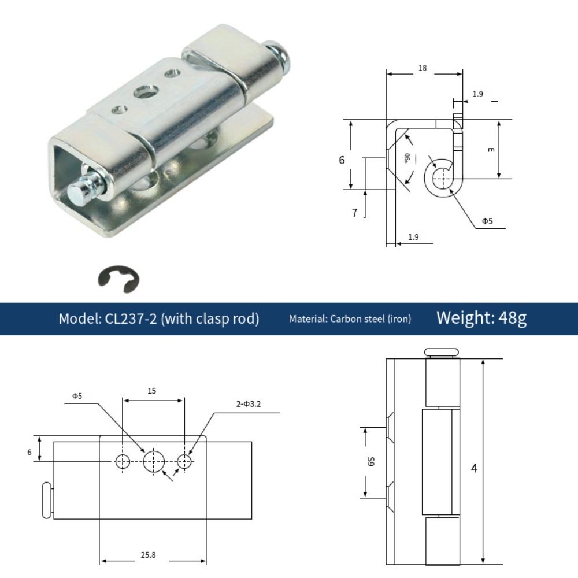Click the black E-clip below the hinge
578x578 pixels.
pyautogui.click(x=118, y=279)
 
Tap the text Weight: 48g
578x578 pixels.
pyautogui.click(x=481, y=318)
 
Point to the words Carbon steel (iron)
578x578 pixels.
pyautogui.click(x=370, y=318)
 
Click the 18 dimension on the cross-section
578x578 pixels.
pyautogui.click(x=423, y=68)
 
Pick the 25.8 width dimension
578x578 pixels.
pyautogui.click(x=148, y=555)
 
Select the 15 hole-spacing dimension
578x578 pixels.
pyautogui.click(x=151, y=391)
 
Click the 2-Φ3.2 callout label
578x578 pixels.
pyautogui.click(x=249, y=404)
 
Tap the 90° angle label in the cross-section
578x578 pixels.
pyautogui.click(x=407, y=157)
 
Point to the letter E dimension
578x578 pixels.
pyautogui.click(x=490, y=150)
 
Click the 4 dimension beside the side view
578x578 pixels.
pyautogui.click(x=474, y=468)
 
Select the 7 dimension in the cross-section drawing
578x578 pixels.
pyautogui.click(x=354, y=213)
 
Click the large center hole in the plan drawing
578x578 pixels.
pyautogui.click(x=154, y=461)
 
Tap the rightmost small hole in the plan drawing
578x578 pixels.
pyautogui.click(x=185, y=461)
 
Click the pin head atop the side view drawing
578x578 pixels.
pyautogui.click(x=441, y=352)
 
